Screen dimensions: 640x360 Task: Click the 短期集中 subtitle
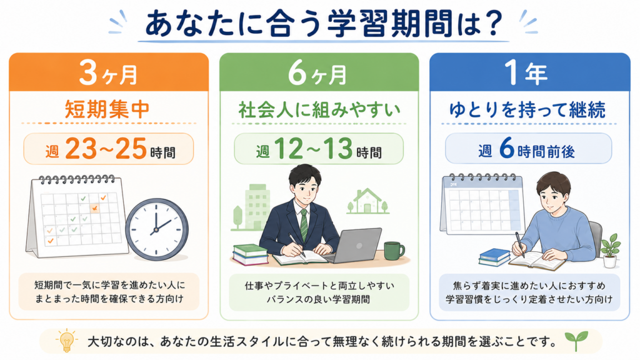pyautogui.click(x=107, y=109)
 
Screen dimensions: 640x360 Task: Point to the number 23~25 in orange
pyautogui.click(x=106, y=149)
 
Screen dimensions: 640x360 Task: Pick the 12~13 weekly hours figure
pyautogui.click(x=313, y=149)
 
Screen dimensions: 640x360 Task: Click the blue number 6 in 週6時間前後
pyautogui.click(x=506, y=147)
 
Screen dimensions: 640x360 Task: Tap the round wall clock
pyautogui.click(x=157, y=229)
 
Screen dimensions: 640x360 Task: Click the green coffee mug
pyautogui.click(x=394, y=250)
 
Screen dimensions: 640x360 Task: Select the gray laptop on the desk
pyautogui.click(x=355, y=246)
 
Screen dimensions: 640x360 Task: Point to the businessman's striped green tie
pyautogui.click(x=304, y=225)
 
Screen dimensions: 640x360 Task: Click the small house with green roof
pyautogui.click(x=367, y=201)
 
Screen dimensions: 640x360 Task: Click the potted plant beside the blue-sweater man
pyautogui.click(x=610, y=250)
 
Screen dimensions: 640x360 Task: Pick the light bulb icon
pyautogui.click(x=66, y=341)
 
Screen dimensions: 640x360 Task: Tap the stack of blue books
pyautogui.click(x=495, y=257)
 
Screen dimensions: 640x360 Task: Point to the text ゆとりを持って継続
pyautogui.click(x=527, y=110)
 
